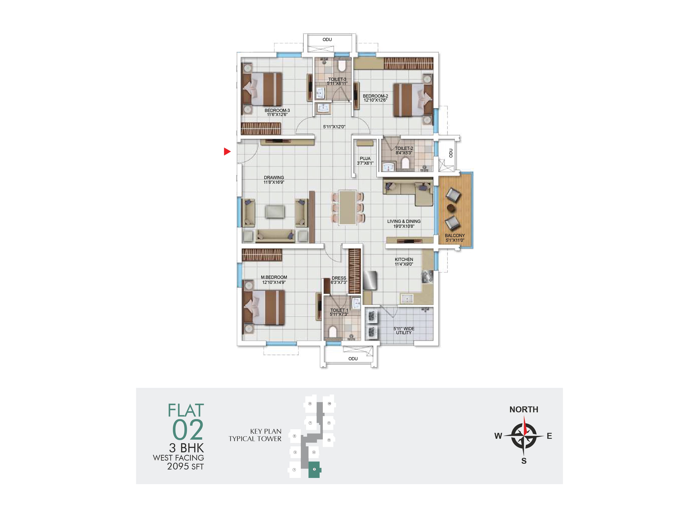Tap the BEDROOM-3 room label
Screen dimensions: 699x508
point(277,110)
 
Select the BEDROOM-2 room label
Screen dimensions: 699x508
point(375,96)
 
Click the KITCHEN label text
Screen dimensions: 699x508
point(404,259)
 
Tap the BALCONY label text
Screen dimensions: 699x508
point(455,235)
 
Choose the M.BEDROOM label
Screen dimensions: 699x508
point(274,277)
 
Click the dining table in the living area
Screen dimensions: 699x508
point(348,208)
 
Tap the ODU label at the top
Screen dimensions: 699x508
point(327,39)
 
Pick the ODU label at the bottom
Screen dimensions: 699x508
point(353,359)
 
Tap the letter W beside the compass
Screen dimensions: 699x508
point(498,436)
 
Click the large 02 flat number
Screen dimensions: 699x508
point(188,430)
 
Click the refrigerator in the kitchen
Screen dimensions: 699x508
point(370,280)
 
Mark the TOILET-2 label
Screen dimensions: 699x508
point(404,148)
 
